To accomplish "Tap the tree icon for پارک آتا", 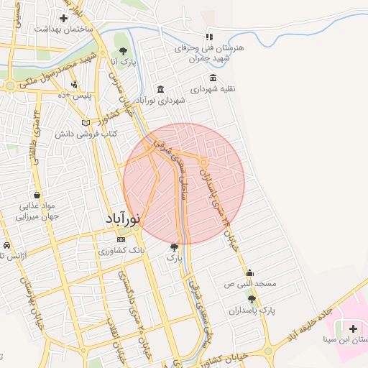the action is pos(124,51).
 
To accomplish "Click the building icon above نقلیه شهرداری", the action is pos(213,78).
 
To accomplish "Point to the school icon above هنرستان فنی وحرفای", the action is pos(209,37).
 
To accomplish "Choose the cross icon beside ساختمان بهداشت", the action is pos(64,18).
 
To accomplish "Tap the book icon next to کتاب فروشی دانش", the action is pos(86,123).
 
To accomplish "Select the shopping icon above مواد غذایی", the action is pos(36,195).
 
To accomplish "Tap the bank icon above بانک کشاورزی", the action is pos(122,239).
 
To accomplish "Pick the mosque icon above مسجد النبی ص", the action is pos(249,272).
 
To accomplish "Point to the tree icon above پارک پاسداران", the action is pos(252,298).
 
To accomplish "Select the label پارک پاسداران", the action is pos(252,310).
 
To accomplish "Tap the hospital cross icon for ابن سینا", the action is pos(352,328).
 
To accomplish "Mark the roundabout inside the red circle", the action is pos(203,162).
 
